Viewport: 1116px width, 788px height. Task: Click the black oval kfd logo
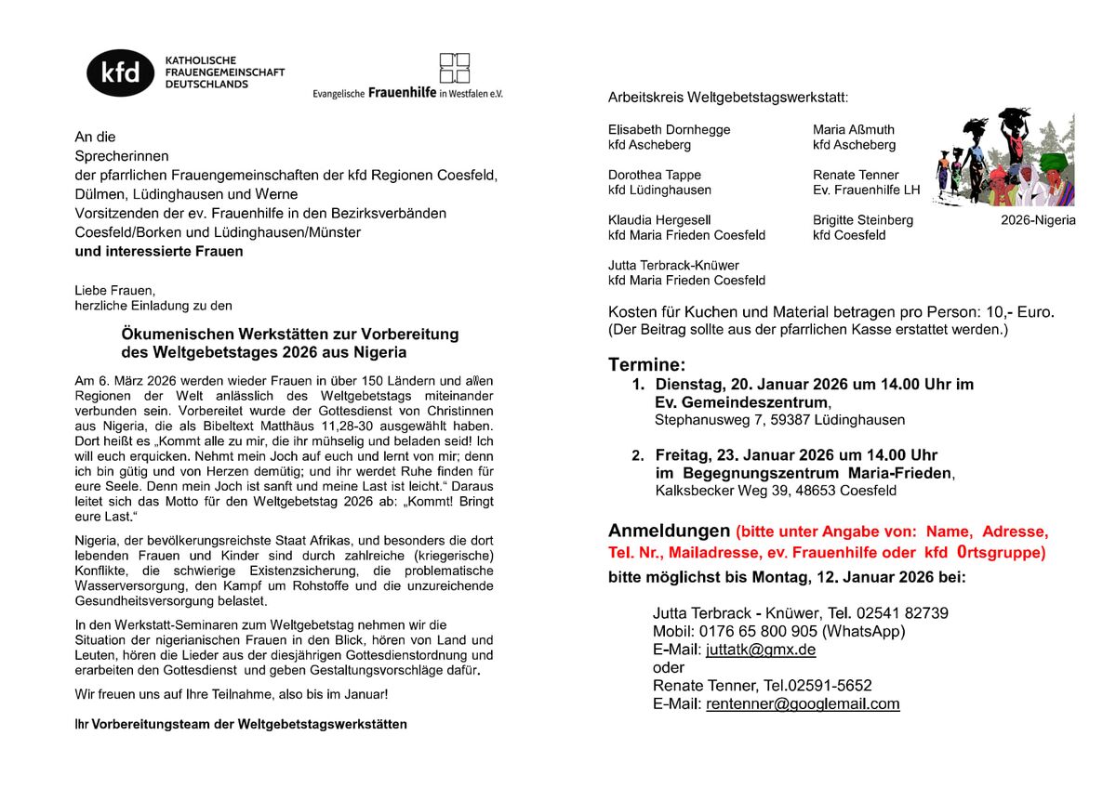click(120, 72)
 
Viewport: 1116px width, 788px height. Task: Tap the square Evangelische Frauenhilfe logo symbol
click(455, 68)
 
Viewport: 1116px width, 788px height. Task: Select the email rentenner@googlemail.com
click(803, 703)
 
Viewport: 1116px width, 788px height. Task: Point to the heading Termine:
click(647, 363)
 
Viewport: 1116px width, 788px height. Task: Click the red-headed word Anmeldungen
click(669, 532)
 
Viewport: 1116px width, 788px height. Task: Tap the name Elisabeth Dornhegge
click(669, 129)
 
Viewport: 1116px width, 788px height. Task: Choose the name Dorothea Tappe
click(654, 175)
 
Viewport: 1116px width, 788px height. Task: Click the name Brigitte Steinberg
click(862, 220)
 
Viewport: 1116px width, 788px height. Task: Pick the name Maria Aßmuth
click(853, 129)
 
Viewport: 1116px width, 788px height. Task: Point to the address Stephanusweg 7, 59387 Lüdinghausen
click(779, 419)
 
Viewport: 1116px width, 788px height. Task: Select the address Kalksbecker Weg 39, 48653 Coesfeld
click(776, 491)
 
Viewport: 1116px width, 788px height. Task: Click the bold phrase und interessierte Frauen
click(159, 251)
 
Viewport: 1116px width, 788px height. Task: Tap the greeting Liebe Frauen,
click(115, 289)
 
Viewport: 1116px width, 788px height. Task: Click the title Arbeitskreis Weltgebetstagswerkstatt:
click(727, 98)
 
